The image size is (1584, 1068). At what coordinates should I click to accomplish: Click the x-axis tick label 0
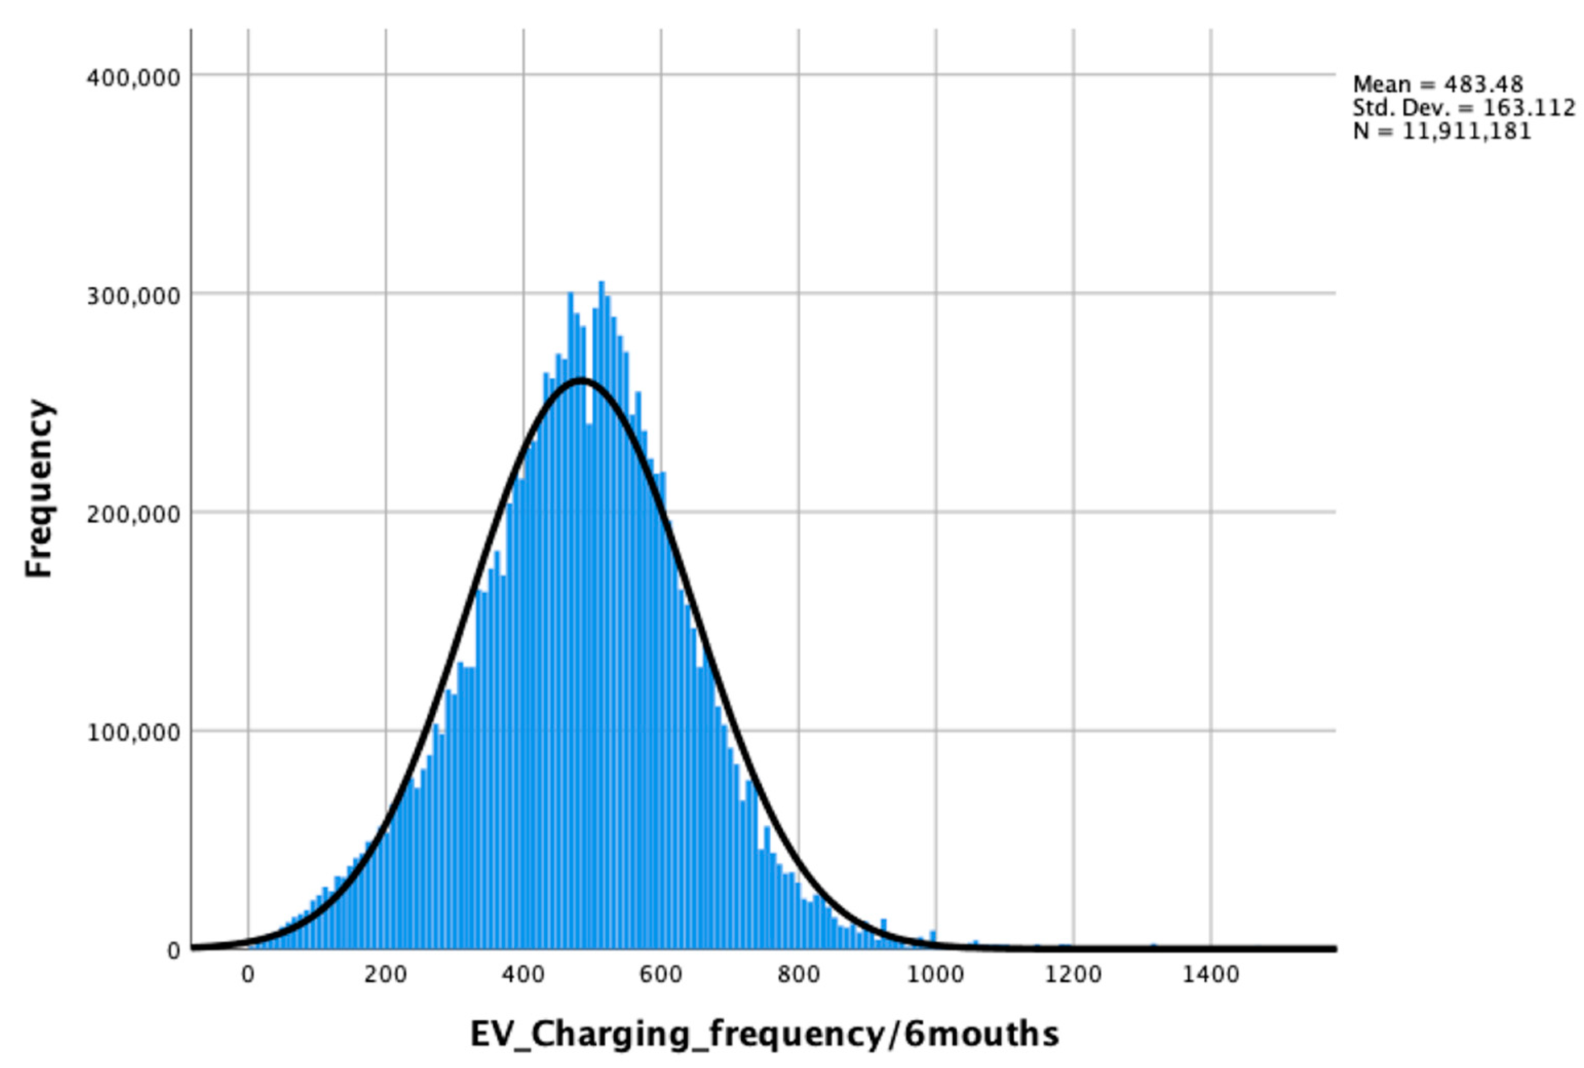coord(247,975)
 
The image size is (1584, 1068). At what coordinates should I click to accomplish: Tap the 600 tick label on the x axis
coord(661,975)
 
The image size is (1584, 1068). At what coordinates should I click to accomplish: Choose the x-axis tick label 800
coord(798,975)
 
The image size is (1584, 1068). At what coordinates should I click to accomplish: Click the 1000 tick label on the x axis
coord(936,975)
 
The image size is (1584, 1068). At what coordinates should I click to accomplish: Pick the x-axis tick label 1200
coord(1073,975)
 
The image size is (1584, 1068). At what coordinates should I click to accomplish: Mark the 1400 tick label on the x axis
coord(1211,975)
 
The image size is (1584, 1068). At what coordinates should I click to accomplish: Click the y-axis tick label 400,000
coord(133,77)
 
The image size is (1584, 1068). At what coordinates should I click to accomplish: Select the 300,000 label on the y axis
coord(133,295)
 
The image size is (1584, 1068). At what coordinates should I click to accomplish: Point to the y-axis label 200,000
coord(133,514)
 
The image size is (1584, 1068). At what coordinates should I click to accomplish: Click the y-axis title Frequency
coord(40,488)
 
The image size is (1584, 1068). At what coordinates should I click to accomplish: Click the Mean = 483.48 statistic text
coord(1438,85)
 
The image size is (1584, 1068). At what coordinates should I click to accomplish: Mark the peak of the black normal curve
coord(581,380)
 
